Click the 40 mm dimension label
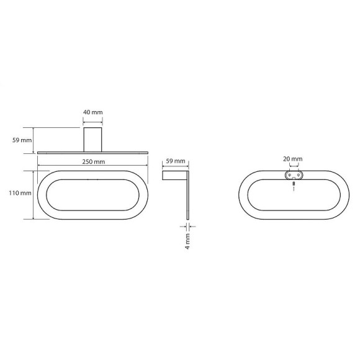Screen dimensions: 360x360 point(92,112)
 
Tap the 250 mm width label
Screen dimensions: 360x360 point(94,161)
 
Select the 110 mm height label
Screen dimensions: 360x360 point(20,193)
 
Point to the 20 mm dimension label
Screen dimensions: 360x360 point(293,159)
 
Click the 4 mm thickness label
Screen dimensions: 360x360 point(188,241)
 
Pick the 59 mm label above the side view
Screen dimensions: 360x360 point(176,161)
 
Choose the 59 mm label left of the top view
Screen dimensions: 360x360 point(22,140)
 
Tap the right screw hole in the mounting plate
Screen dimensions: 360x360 point(299,175)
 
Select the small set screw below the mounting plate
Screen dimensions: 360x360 point(294,184)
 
